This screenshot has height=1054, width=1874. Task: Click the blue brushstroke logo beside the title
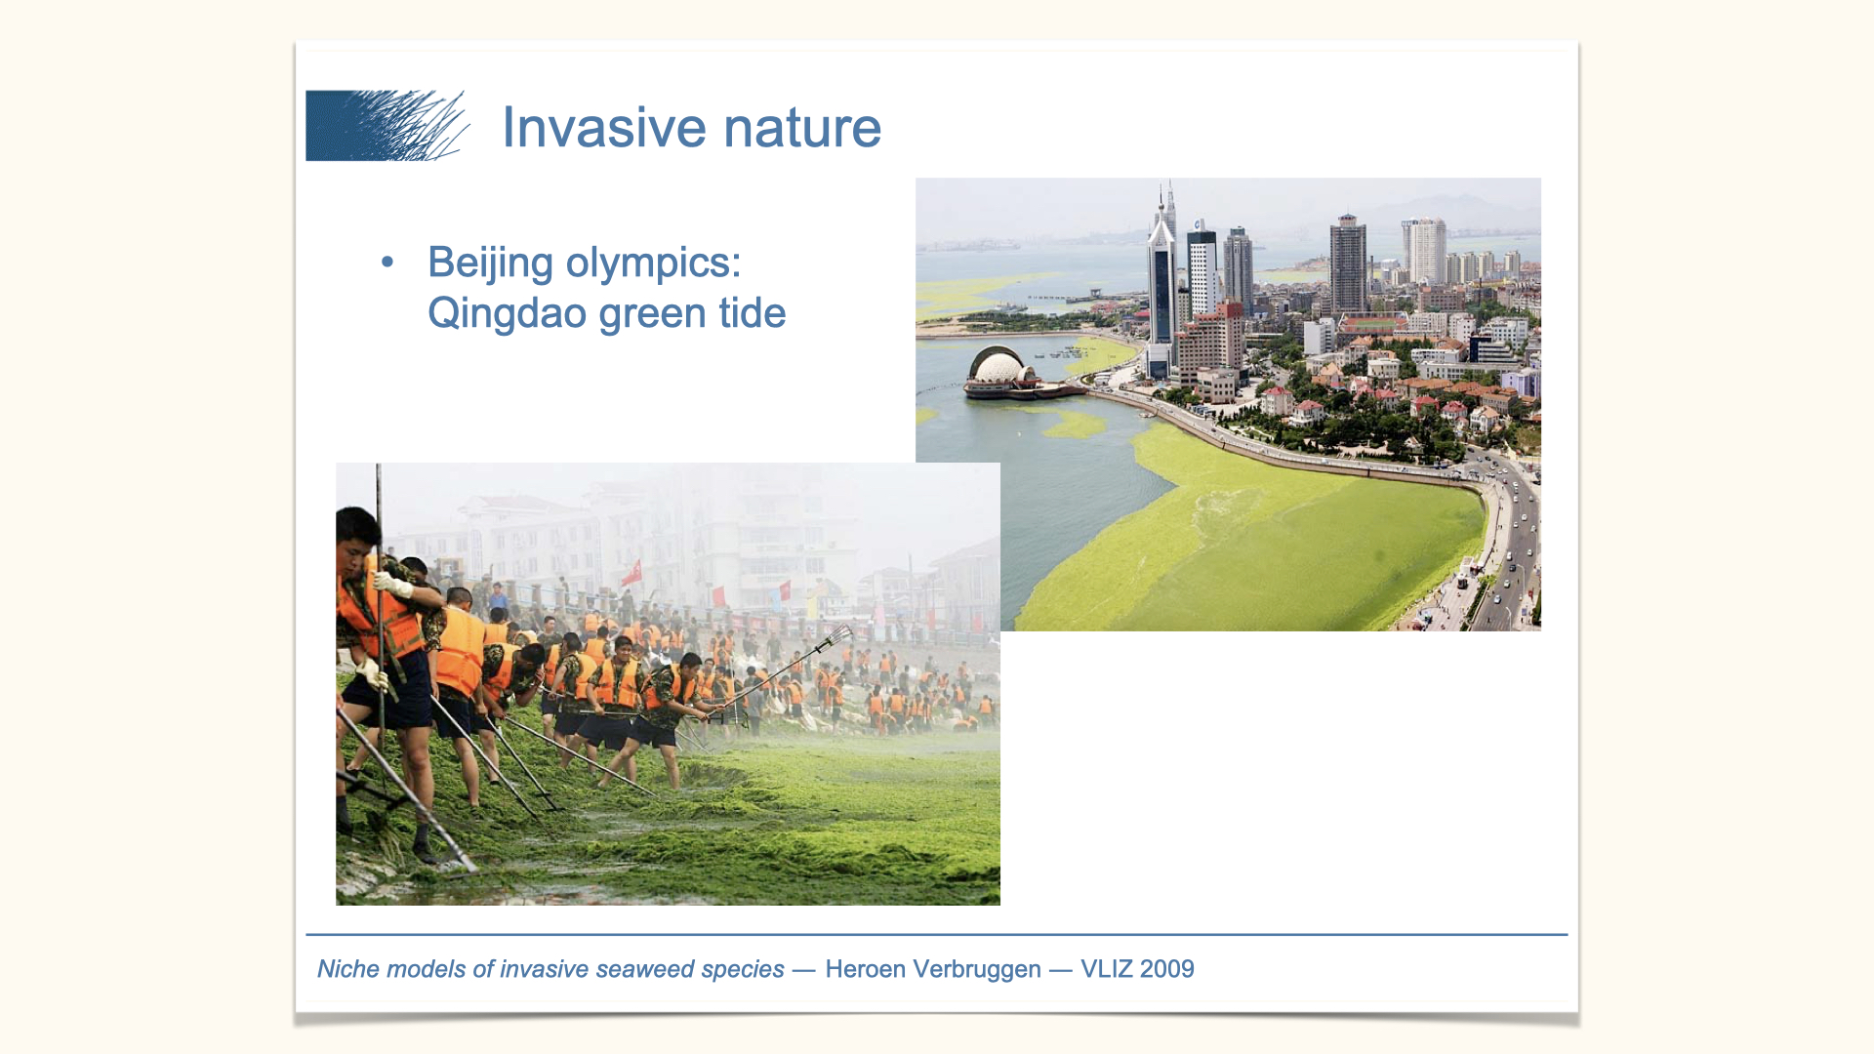[387, 126]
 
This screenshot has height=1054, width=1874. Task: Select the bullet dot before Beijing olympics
[387, 262]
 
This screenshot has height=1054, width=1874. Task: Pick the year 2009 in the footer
[1166, 969]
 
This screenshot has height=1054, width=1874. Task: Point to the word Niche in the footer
[348, 969]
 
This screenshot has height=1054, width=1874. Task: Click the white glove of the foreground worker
[392, 585]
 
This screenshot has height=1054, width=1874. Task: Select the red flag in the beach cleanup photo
[634, 570]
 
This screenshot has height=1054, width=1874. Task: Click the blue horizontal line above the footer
[937, 935]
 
